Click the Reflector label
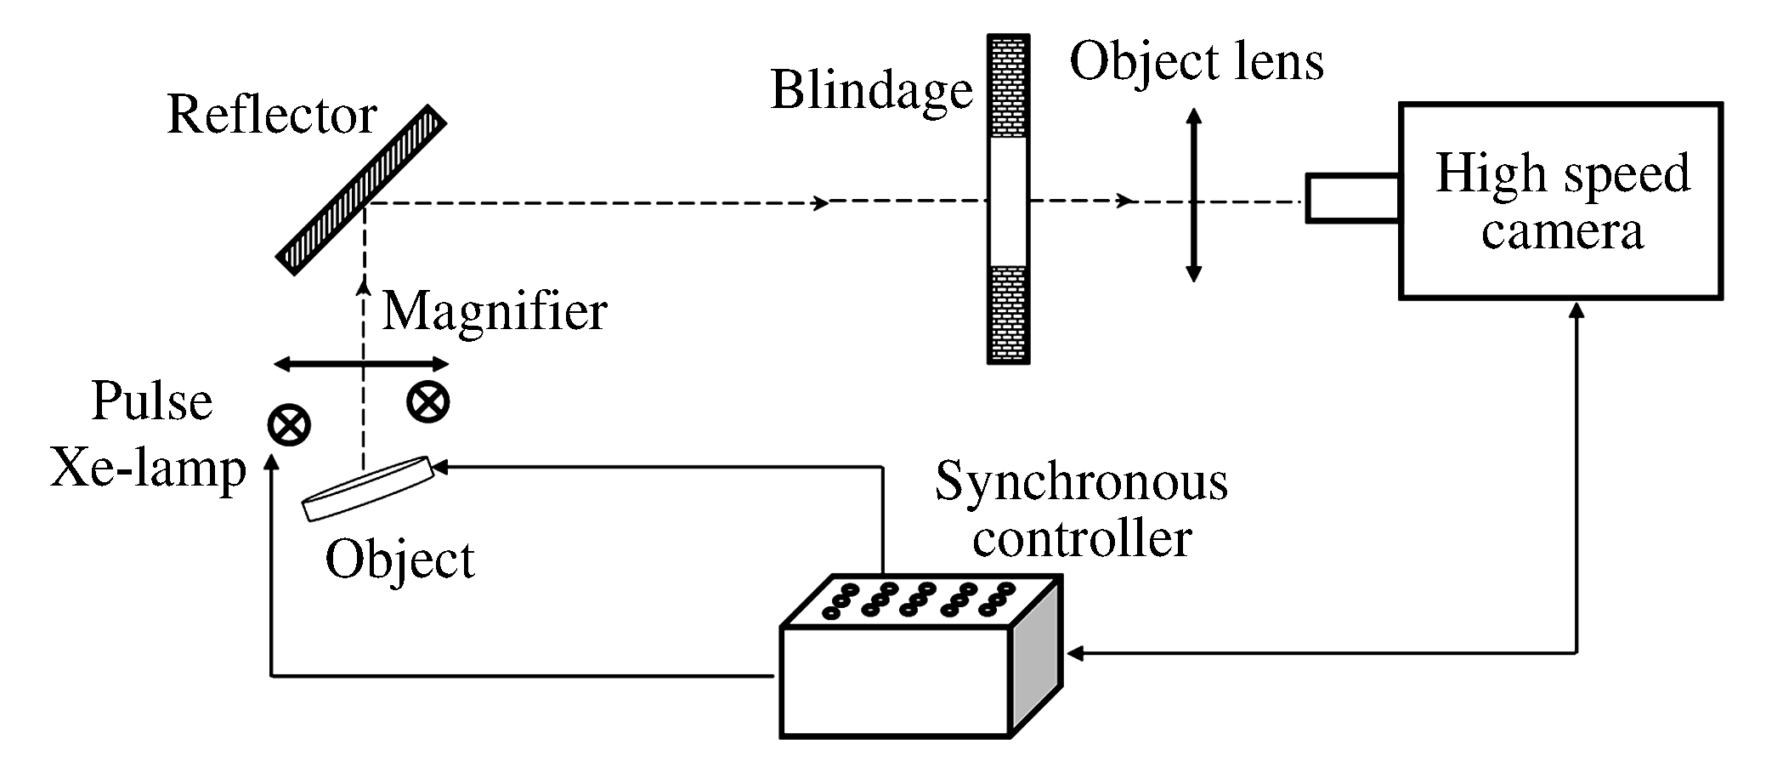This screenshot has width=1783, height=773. pos(272,115)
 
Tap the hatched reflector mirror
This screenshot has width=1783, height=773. pos(362,190)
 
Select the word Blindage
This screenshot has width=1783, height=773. pos(871,91)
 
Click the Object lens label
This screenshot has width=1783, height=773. pos(1197,63)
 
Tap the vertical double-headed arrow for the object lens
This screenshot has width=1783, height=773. pos(1193,196)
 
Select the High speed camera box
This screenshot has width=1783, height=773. pos(1560,202)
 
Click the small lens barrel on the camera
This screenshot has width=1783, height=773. pos(1352,198)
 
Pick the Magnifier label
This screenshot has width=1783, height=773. pos(495,312)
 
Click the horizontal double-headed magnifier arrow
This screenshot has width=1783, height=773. pos(361,365)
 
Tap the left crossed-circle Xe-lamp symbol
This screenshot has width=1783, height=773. pos(289,424)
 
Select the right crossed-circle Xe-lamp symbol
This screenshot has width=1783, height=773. pos(427,401)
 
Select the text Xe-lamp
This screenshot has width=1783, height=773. pos(149,469)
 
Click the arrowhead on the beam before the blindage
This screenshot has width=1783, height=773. pos(821,202)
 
